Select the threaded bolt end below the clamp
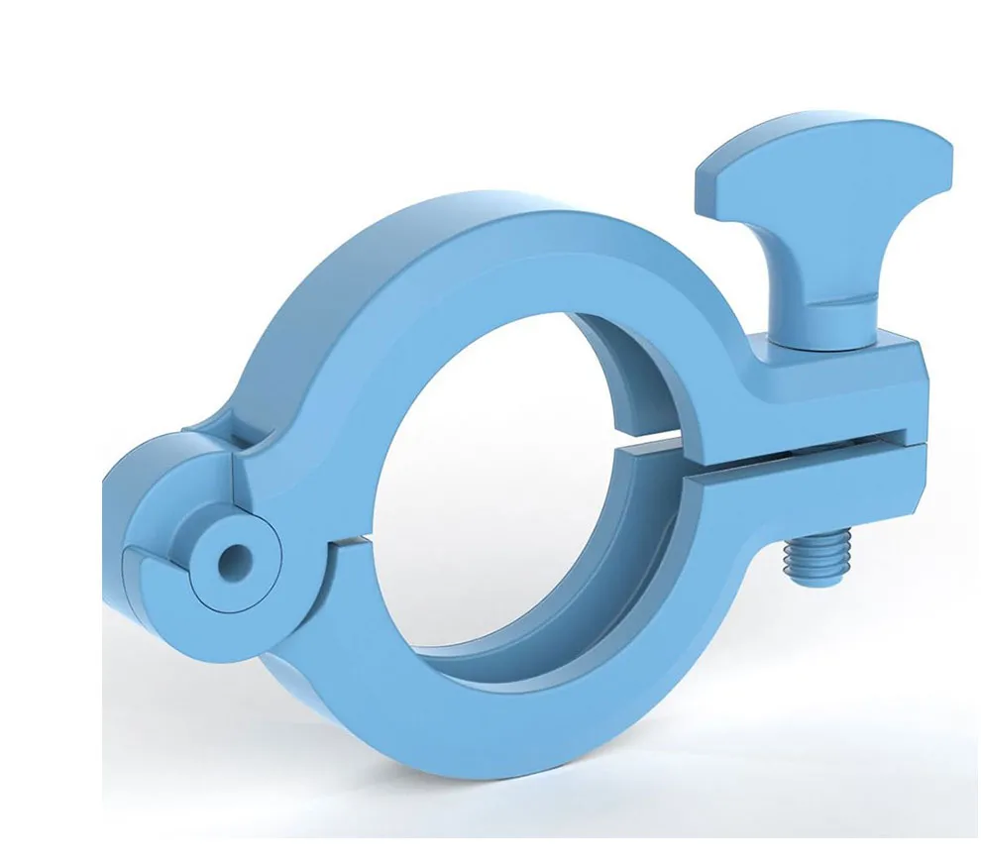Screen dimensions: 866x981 click(x=813, y=561)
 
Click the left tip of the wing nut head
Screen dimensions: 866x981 click(x=706, y=178)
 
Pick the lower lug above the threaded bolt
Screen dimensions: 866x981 click(x=822, y=495)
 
